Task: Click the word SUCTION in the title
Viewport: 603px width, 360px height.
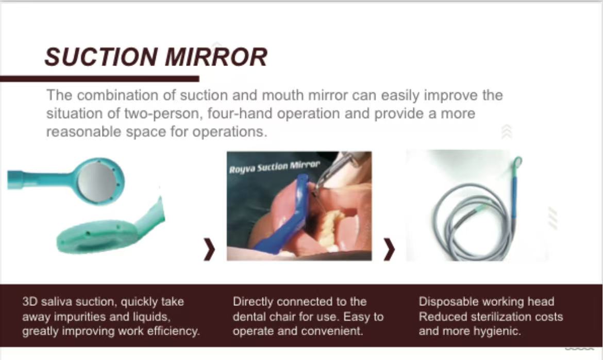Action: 101,57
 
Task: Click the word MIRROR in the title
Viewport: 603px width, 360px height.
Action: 216,57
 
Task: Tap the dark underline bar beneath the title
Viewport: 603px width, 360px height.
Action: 99,79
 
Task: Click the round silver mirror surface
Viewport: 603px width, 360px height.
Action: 97,181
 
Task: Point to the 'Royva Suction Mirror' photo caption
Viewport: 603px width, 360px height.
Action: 274,167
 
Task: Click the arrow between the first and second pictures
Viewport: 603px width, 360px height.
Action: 209,249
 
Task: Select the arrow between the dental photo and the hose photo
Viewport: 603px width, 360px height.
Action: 389,249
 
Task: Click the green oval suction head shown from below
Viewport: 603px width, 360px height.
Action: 97,236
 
